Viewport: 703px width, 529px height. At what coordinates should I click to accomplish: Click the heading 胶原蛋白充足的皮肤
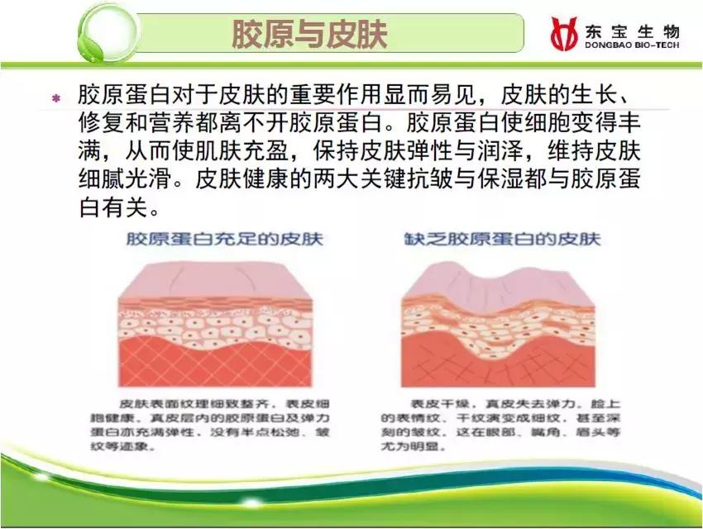pyautogui.click(x=224, y=240)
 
